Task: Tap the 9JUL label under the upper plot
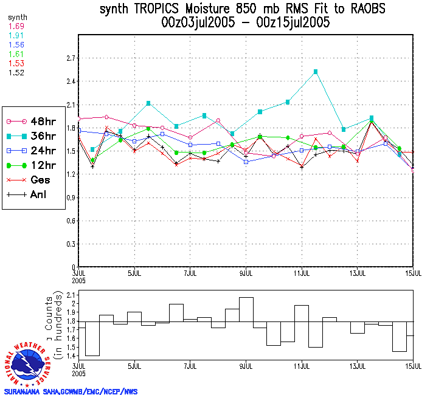click(246, 273)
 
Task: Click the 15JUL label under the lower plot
click(414, 368)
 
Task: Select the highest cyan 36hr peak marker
click(316, 72)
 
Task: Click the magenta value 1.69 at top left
click(16, 27)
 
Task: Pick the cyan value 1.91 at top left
click(16, 36)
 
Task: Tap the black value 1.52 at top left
click(16, 72)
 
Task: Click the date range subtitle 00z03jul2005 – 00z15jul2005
click(245, 23)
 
